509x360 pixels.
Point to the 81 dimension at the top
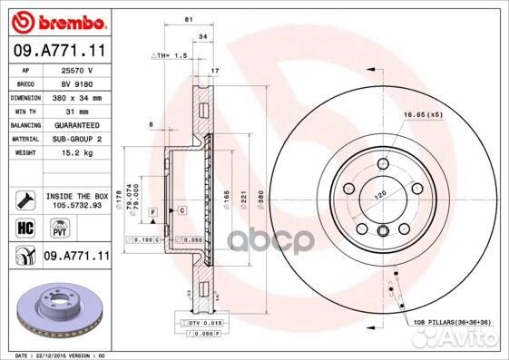pyautogui.click(x=187, y=19)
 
